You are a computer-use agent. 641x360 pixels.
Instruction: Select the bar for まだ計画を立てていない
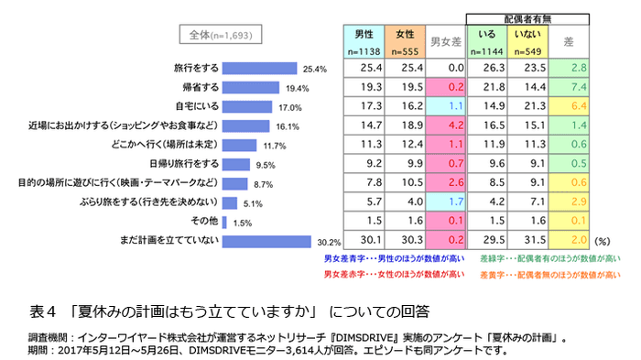click(x=268, y=242)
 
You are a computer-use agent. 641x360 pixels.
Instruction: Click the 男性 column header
click(x=364, y=34)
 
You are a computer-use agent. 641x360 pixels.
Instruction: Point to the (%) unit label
click(x=603, y=242)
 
